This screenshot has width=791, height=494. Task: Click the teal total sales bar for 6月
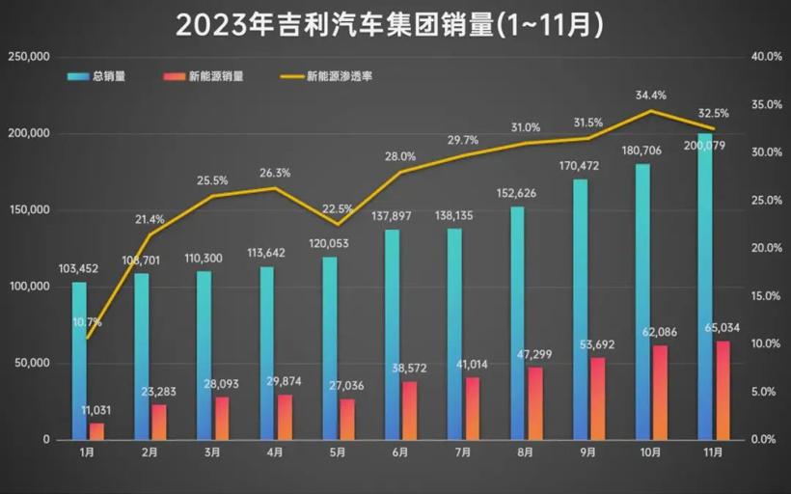point(393,333)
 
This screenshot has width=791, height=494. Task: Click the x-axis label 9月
point(587,452)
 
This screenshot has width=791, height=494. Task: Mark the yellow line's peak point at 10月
point(650,111)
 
